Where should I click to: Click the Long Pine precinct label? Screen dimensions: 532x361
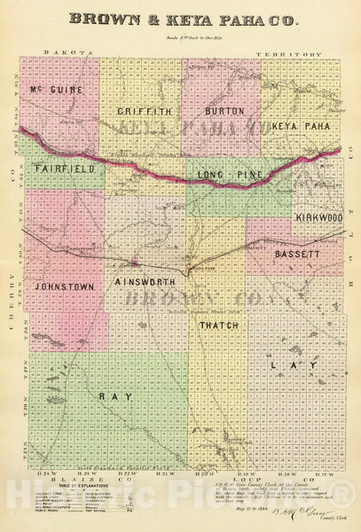(230, 175)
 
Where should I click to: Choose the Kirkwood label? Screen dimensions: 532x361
(318, 216)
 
